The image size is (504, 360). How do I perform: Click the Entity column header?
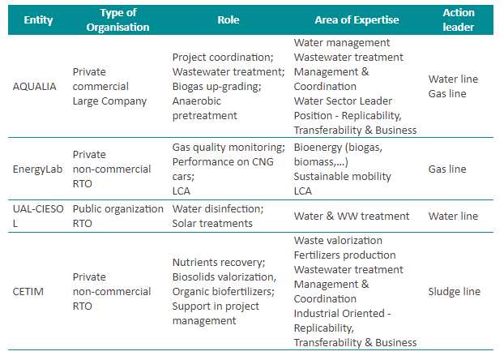[x=38, y=19]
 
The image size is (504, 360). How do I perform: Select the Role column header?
[x=228, y=19]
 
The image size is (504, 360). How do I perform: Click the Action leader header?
[x=458, y=19]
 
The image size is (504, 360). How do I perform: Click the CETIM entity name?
[x=30, y=292]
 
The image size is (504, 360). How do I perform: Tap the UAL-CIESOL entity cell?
[x=36, y=216]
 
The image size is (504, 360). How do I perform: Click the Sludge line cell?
[x=454, y=292]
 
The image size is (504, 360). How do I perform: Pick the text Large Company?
[x=109, y=101]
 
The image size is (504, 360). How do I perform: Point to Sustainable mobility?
[x=342, y=176]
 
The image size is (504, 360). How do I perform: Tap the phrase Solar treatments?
[x=212, y=223]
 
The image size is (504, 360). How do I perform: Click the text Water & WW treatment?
[x=352, y=216]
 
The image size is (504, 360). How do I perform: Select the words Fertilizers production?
[x=344, y=255]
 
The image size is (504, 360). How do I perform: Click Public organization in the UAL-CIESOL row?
[x=117, y=208]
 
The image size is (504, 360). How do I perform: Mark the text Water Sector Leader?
[x=342, y=101]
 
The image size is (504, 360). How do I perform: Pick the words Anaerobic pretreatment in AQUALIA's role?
[x=205, y=109]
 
